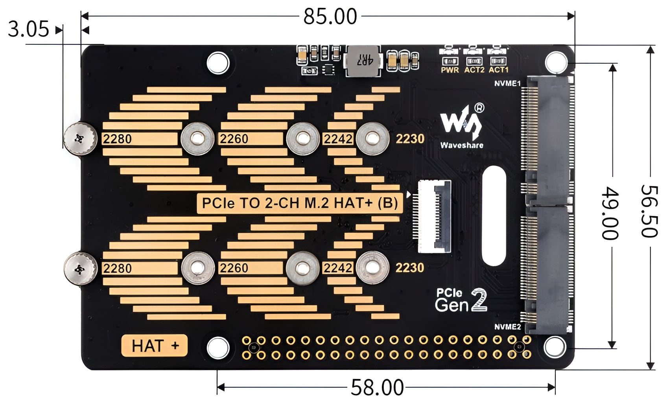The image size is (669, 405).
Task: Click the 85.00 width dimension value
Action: pos(330,17)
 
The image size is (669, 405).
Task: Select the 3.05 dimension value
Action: pos(28,29)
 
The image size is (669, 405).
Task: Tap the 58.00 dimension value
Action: pos(377,387)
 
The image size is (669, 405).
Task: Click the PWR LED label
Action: pos(450,70)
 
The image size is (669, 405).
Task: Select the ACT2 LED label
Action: pos(474,70)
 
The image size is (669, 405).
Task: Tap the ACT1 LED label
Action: pos(498,70)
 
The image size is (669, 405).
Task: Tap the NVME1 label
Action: pos(507,84)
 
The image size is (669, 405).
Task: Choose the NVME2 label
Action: pos(507,327)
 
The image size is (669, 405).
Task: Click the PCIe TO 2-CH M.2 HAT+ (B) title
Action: pos(300,203)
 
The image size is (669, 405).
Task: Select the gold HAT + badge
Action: pos(155,346)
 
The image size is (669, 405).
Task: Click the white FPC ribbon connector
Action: pos(435,216)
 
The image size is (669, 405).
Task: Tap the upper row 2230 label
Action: pos(410,139)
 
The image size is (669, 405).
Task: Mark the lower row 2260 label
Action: pos(234,268)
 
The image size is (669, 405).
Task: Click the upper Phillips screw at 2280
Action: pos(80,138)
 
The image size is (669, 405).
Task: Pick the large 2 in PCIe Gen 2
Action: pos(479,300)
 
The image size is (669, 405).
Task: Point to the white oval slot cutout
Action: pos(494,215)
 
